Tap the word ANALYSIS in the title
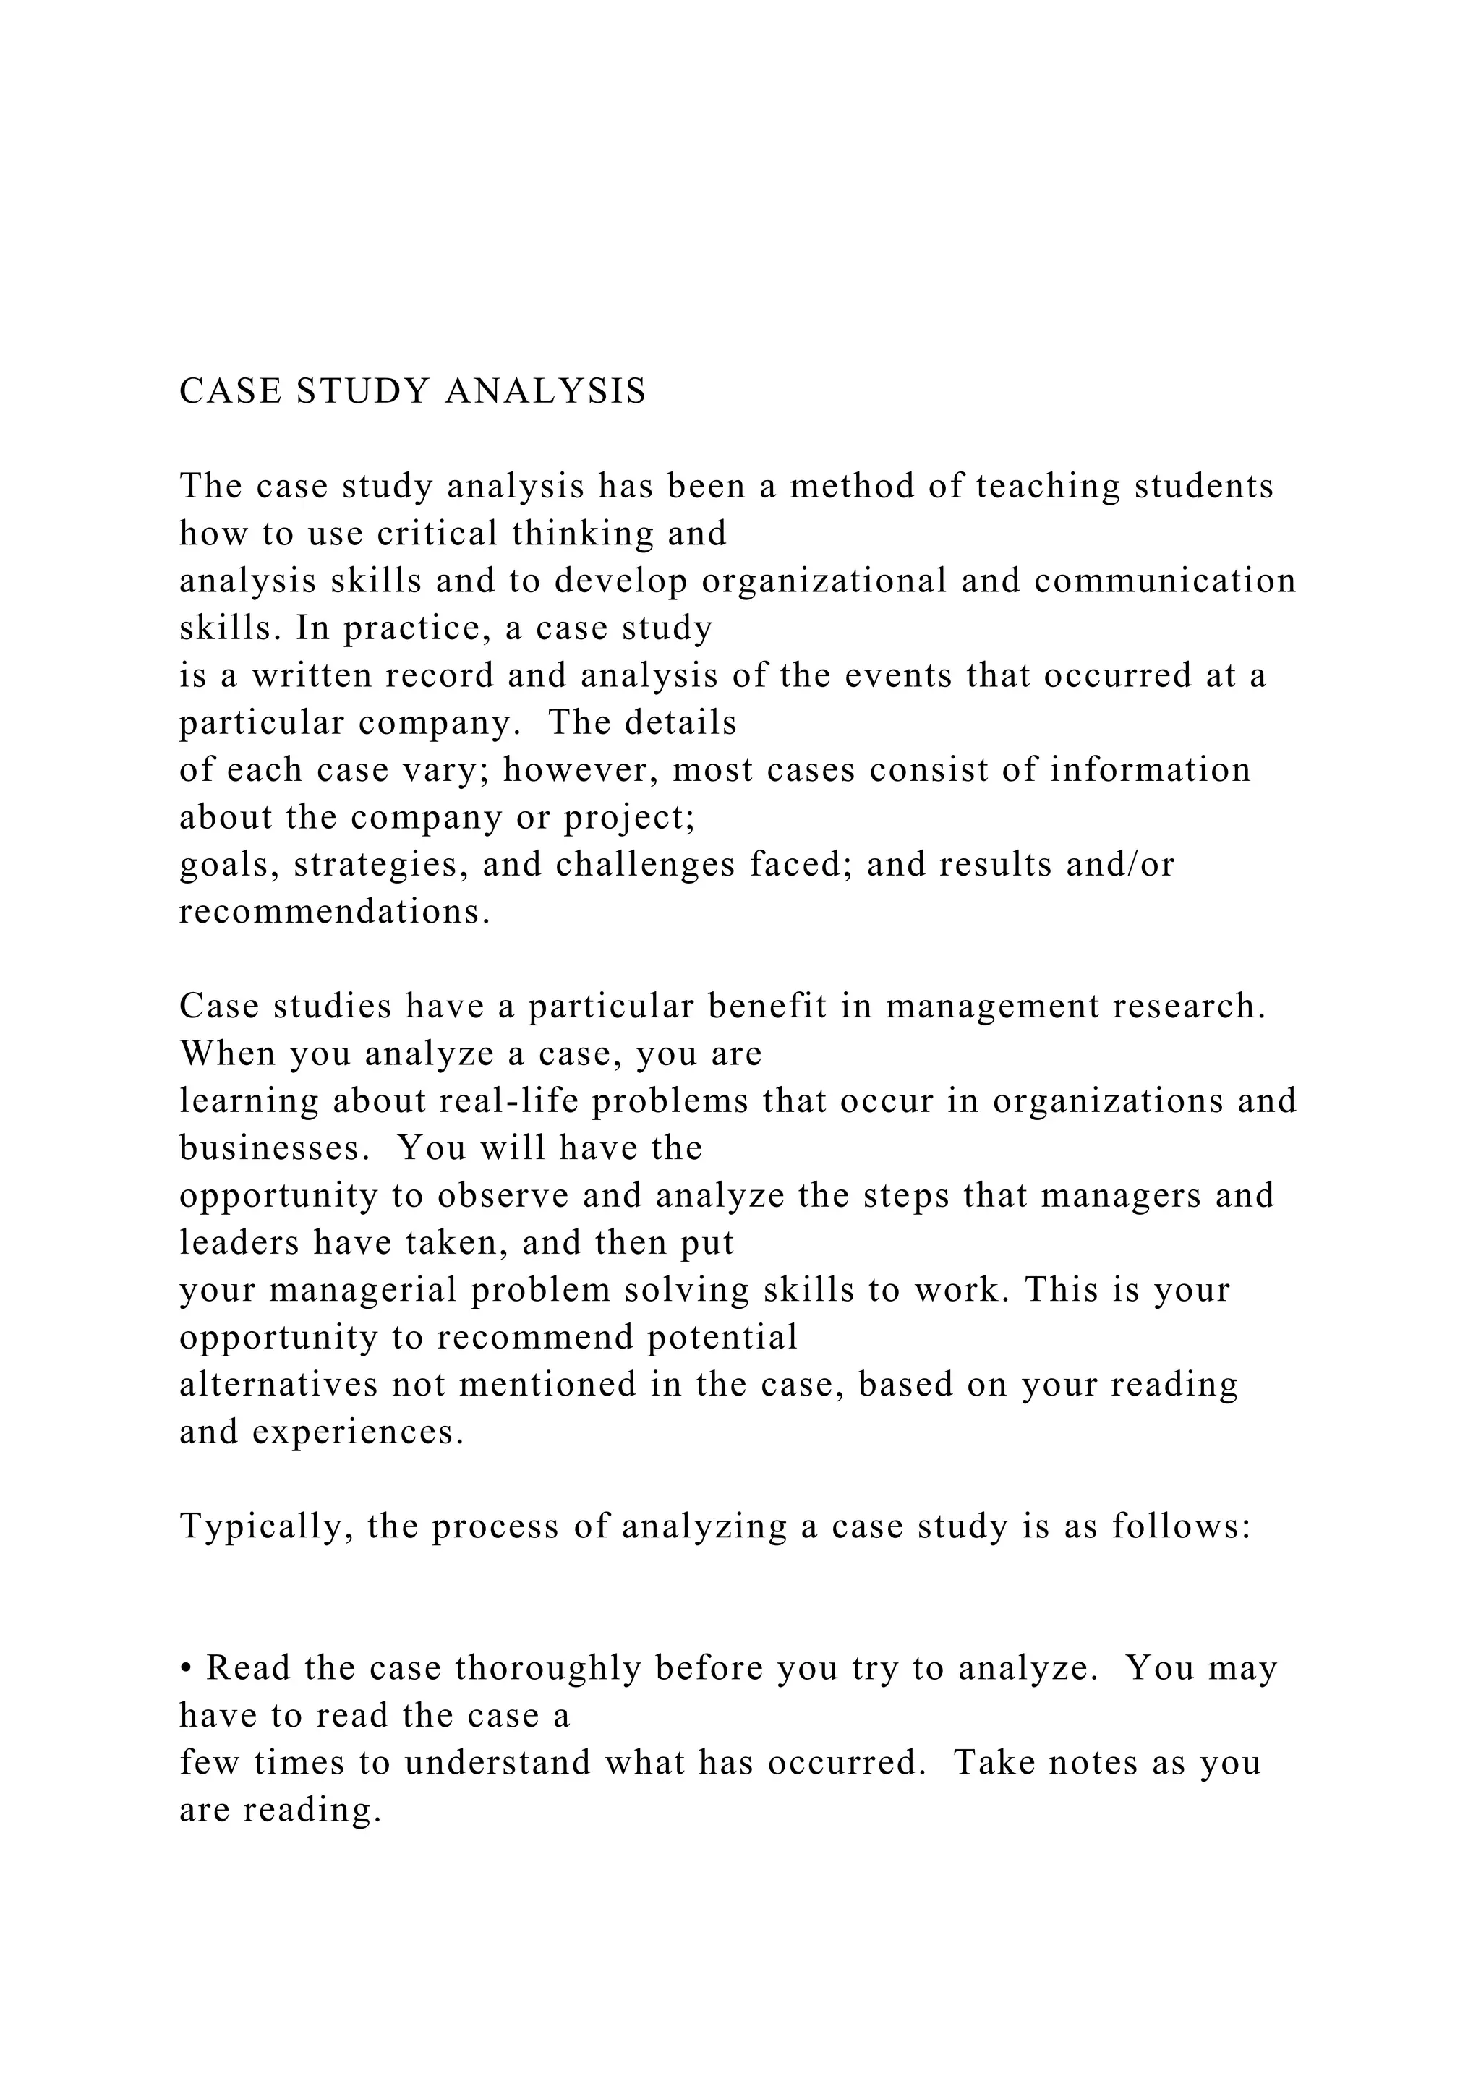(x=545, y=391)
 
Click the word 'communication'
(x=1164, y=581)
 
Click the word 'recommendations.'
(x=335, y=912)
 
